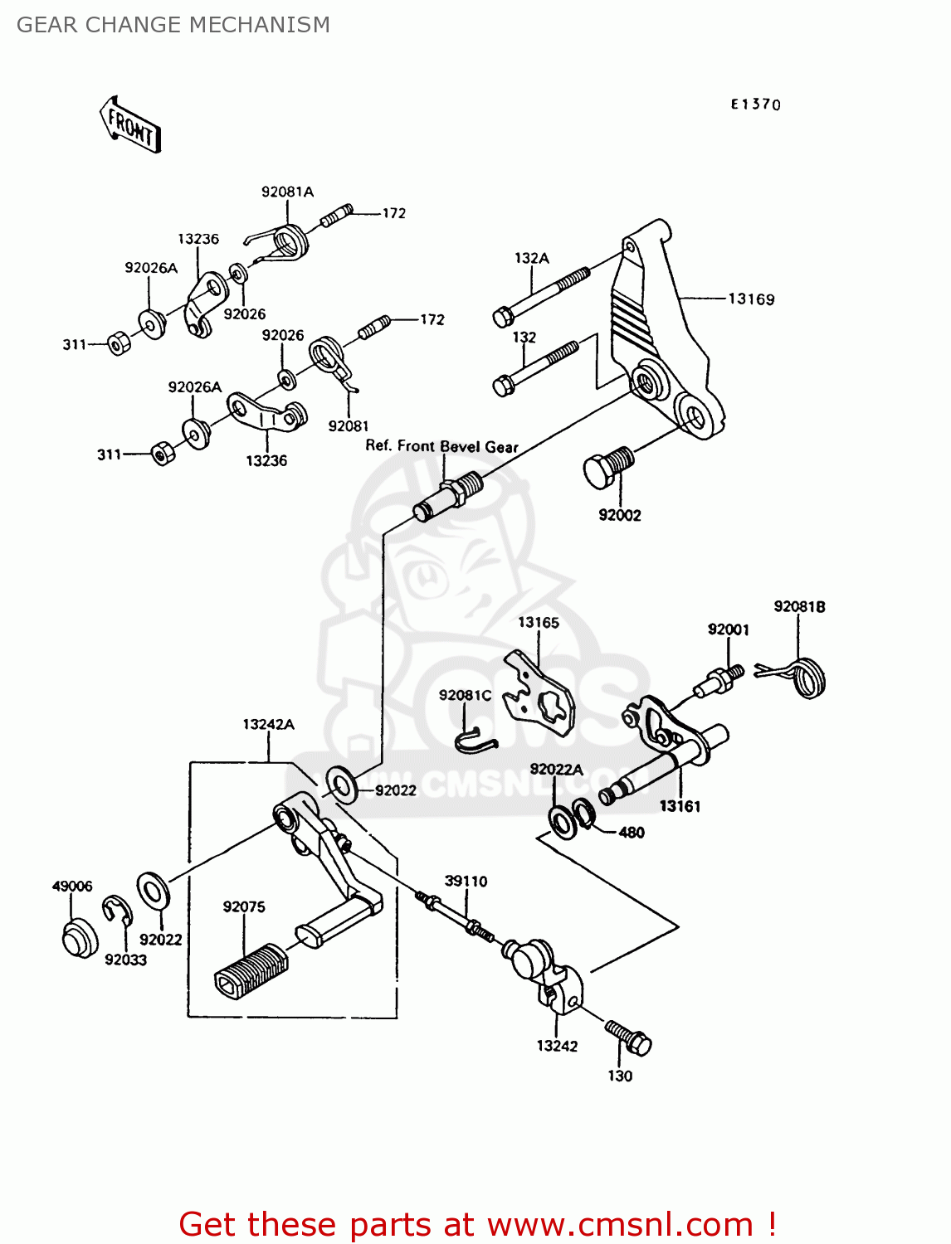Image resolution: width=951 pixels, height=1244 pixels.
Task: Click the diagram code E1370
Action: pyautogui.click(x=755, y=104)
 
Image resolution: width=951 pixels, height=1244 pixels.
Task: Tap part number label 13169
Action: pyautogui.click(x=751, y=299)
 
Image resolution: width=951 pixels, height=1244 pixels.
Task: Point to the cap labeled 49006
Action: pyautogui.click(x=79, y=938)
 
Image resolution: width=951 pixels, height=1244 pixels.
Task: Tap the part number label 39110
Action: pyautogui.click(x=466, y=881)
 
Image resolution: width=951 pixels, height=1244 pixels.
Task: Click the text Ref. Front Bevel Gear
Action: pyautogui.click(x=441, y=446)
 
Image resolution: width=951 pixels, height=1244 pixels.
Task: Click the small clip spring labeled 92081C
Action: pyautogui.click(x=475, y=739)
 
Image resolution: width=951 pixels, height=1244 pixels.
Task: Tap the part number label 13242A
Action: pyautogui.click(x=268, y=724)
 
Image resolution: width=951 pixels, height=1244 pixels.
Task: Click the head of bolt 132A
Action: pyautogui.click(x=503, y=316)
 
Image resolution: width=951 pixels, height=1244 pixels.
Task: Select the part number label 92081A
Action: pyautogui.click(x=287, y=192)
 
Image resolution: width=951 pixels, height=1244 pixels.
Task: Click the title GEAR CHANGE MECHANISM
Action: pyautogui.click(x=173, y=25)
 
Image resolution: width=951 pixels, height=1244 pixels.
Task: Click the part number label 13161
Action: pyautogui.click(x=680, y=805)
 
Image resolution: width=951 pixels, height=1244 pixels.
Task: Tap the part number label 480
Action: pyautogui.click(x=631, y=832)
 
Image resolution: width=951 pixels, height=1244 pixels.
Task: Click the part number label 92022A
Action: pyautogui.click(x=556, y=769)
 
